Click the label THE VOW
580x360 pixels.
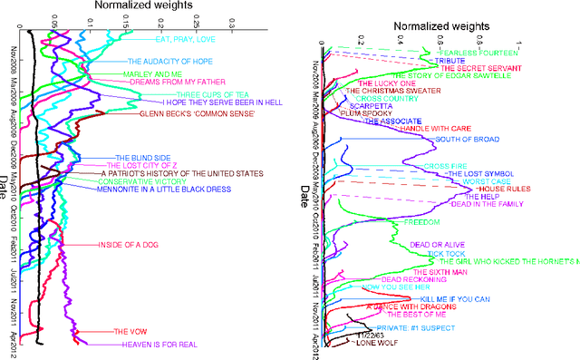pyautogui.click(x=124, y=331)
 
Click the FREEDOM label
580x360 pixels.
pyautogui.click(x=420, y=222)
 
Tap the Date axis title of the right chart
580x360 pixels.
pyautogui.click(x=305, y=194)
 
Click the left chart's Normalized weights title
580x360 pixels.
pyautogui.click(x=126, y=5)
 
